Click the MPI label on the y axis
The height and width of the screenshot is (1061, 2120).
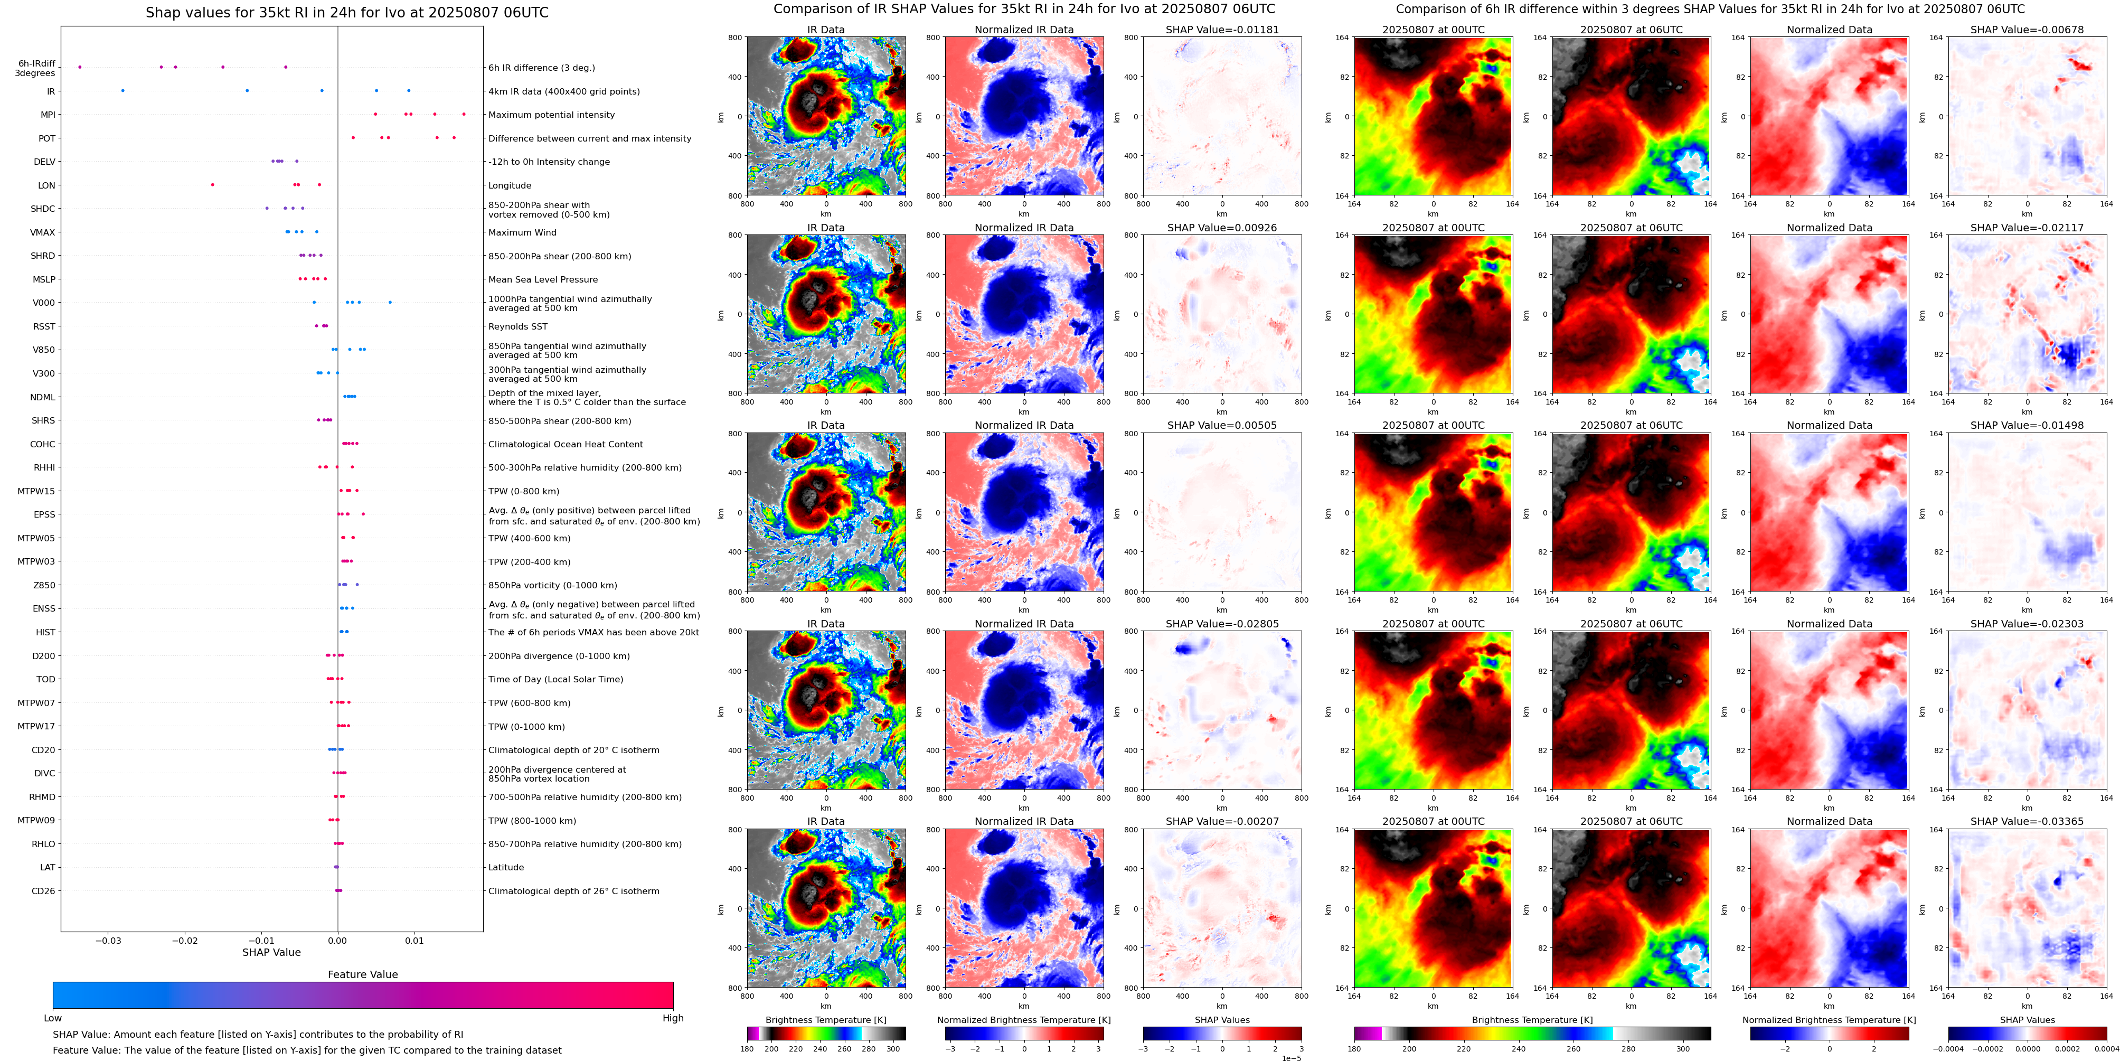[x=48, y=115]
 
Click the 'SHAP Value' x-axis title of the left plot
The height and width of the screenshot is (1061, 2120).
[x=271, y=952]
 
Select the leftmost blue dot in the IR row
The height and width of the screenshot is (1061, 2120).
[x=123, y=90]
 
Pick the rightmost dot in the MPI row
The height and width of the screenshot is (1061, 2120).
[x=464, y=115]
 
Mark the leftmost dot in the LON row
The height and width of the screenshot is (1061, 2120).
[x=212, y=185]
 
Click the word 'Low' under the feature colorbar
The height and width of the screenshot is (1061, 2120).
[x=53, y=1018]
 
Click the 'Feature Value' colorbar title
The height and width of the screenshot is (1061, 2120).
[x=362, y=974]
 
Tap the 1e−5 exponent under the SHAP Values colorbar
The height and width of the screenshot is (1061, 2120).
[x=1291, y=1058]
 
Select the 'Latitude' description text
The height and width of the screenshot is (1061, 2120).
[x=506, y=868]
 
